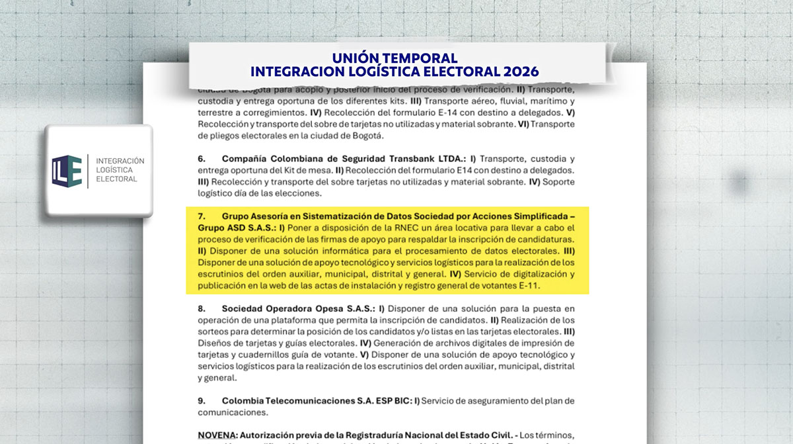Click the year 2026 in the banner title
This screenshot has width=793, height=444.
pyautogui.click(x=519, y=71)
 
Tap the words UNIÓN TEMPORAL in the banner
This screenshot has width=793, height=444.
pyautogui.click(x=395, y=58)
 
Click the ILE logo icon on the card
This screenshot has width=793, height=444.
pyautogui.click(x=67, y=170)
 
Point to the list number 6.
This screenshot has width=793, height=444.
pyautogui.click(x=202, y=159)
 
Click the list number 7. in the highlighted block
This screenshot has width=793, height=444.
pyautogui.click(x=202, y=216)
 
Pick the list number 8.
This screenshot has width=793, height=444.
pyautogui.click(x=202, y=308)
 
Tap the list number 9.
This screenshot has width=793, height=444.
pyautogui.click(x=202, y=400)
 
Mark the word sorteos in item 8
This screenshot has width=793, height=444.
pyautogui.click(x=215, y=332)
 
